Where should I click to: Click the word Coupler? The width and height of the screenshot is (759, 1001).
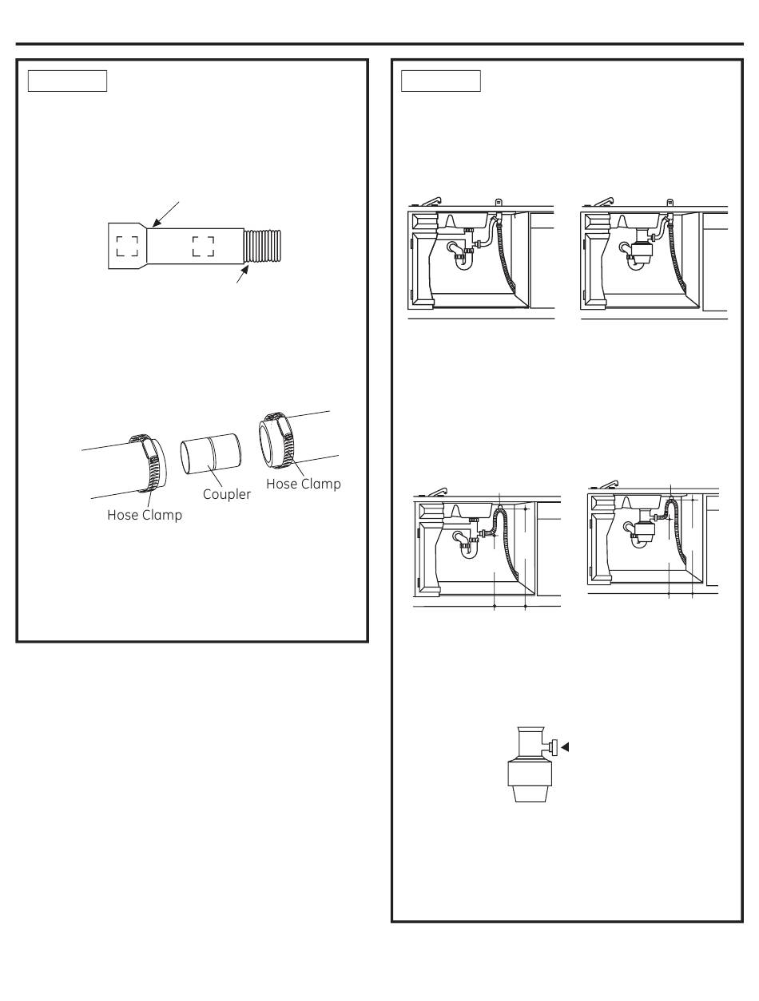click(x=226, y=494)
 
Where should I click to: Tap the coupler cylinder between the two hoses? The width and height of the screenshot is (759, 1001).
click(x=210, y=454)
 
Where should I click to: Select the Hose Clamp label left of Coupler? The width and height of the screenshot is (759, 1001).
click(x=145, y=515)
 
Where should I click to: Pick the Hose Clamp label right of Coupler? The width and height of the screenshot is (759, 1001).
click(x=303, y=484)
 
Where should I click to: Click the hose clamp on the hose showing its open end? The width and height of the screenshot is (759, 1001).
click(x=276, y=440)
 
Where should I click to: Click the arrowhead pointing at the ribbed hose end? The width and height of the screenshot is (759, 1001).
click(x=244, y=270)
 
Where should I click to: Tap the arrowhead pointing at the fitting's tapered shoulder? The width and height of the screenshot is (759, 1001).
click(x=157, y=222)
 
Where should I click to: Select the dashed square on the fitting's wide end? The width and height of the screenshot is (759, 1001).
click(x=127, y=247)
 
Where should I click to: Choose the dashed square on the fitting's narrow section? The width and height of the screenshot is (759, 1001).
click(x=203, y=247)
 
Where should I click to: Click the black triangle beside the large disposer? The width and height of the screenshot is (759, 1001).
click(x=565, y=747)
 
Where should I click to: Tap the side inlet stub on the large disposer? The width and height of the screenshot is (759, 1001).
click(x=552, y=747)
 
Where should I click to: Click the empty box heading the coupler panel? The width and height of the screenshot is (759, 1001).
click(x=67, y=81)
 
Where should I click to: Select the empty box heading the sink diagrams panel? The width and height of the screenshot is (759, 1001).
click(x=440, y=81)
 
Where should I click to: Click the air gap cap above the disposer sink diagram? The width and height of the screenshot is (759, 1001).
click(x=670, y=203)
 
